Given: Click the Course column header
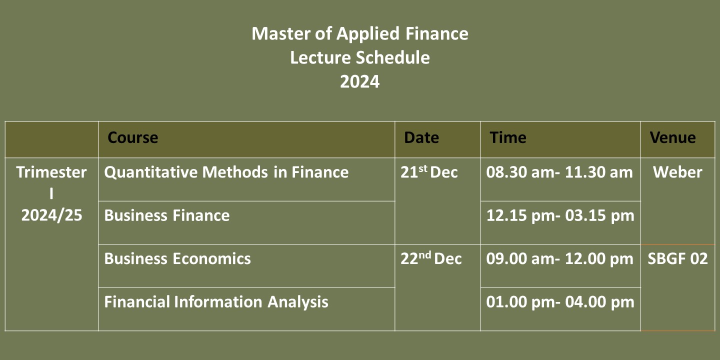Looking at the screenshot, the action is click(133, 138).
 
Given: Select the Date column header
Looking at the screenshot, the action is click(421, 138).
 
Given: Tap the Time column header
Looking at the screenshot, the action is click(508, 138).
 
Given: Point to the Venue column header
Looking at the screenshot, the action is click(673, 138).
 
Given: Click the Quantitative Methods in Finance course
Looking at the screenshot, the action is click(226, 172).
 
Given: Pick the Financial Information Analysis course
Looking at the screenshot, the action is click(216, 302).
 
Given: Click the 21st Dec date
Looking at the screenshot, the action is click(429, 172).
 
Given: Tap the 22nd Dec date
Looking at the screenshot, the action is click(431, 258).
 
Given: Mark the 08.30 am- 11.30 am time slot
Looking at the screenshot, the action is click(559, 172).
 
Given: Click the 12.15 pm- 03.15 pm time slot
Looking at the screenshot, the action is click(560, 215).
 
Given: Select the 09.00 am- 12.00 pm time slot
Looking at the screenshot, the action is click(559, 259).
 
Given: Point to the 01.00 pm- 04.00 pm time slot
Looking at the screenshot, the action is click(560, 302).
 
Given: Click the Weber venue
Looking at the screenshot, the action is click(677, 172).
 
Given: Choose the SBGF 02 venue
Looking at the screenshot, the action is click(677, 259).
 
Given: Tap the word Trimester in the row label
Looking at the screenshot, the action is click(51, 172).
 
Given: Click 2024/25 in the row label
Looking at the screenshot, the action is click(52, 215).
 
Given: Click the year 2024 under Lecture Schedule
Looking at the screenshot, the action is click(360, 81).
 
